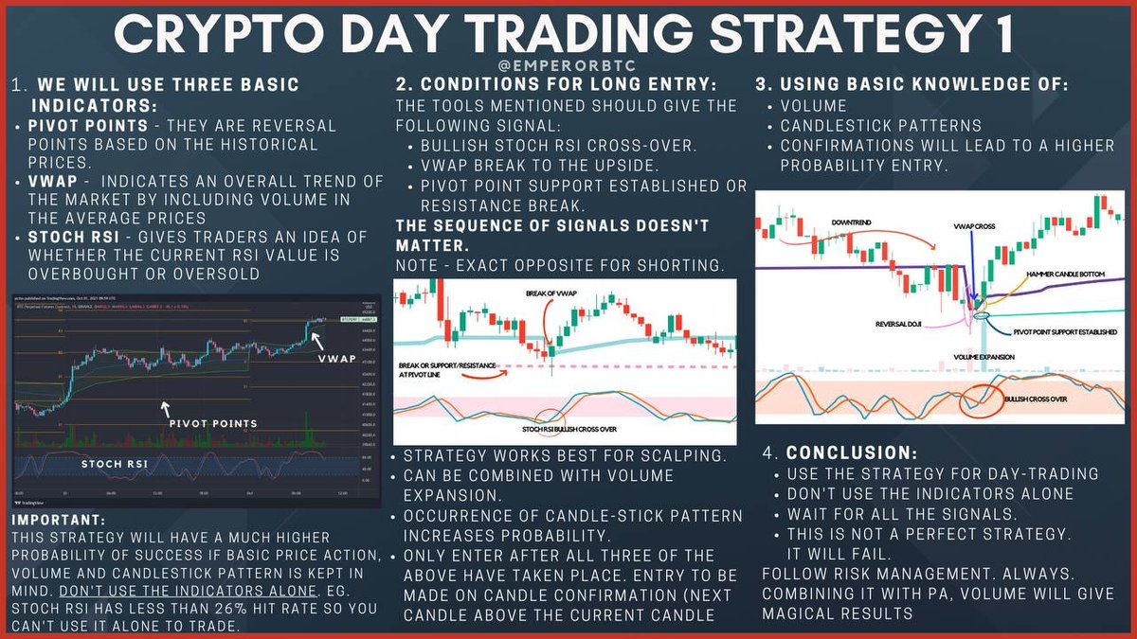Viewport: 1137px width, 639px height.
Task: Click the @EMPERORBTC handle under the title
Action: coord(568,67)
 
